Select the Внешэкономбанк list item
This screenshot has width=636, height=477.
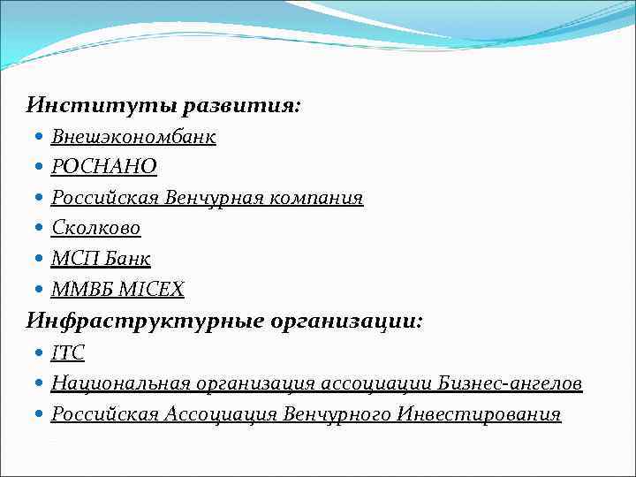pyautogui.click(x=133, y=137)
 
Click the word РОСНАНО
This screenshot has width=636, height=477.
pyautogui.click(x=104, y=167)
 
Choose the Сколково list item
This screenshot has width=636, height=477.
pyautogui.click(x=96, y=228)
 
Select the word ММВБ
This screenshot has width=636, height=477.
pyautogui.click(x=79, y=289)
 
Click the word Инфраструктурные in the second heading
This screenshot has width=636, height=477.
pyautogui.click(x=145, y=321)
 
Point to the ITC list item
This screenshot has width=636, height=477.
pyautogui.click(x=68, y=352)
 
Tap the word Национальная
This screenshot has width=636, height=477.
pyautogui.click(x=121, y=383)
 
